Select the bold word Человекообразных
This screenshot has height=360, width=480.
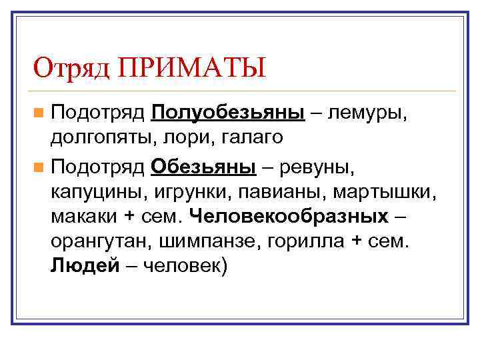click(x=289, y=217)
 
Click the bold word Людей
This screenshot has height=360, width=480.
click(x=84, y=267)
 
